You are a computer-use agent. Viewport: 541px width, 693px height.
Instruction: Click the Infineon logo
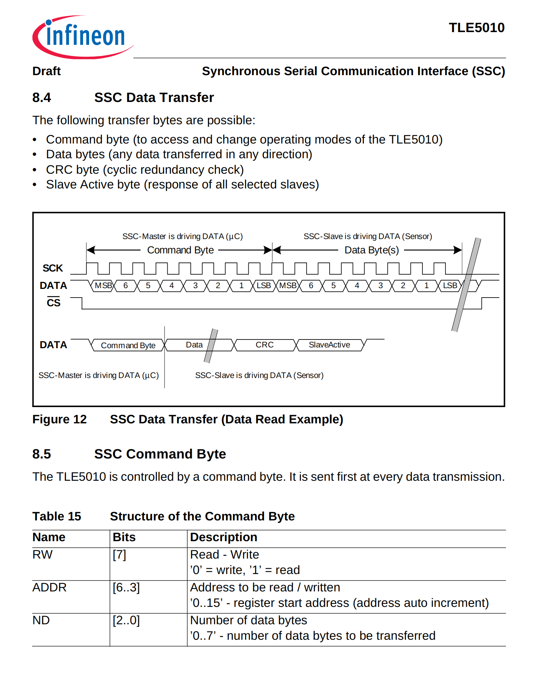click(83, 37)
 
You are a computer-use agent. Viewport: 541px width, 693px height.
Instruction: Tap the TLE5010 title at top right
click(476, 28)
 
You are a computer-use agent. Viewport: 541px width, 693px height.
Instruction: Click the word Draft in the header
click(46, 71)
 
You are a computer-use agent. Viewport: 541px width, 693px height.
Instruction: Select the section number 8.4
click(42, 97)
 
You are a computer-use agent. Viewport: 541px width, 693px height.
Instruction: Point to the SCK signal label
click(52, 268)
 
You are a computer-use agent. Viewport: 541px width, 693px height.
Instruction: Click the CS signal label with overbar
click(54, 303)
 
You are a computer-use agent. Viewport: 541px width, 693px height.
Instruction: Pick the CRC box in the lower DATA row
click(264, 345)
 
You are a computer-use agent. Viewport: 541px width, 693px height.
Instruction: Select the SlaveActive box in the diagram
click(329, 345)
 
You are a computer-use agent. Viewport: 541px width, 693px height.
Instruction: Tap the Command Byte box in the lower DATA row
click(128, 345)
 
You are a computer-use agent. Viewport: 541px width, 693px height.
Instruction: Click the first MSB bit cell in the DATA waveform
click(103, 286)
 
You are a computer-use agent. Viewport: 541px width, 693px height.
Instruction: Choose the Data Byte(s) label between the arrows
click(371, 250)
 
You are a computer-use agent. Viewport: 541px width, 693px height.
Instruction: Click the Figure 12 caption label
click(60, 419)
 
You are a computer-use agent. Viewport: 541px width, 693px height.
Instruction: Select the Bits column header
click(124, 537)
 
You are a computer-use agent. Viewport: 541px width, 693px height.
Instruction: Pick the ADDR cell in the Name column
click(49, 587)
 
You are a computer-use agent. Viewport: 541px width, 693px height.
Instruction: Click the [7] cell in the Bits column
click(119, 554)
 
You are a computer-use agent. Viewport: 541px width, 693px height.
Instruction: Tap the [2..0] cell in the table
click(126, 620)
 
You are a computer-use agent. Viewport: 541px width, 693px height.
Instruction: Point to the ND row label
click(41, 620)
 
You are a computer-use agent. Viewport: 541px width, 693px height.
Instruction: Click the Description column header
click(223, 537)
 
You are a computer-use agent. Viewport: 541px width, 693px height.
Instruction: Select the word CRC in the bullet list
click(57, 170)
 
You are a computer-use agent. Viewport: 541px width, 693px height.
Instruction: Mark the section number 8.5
click(42, 454)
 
